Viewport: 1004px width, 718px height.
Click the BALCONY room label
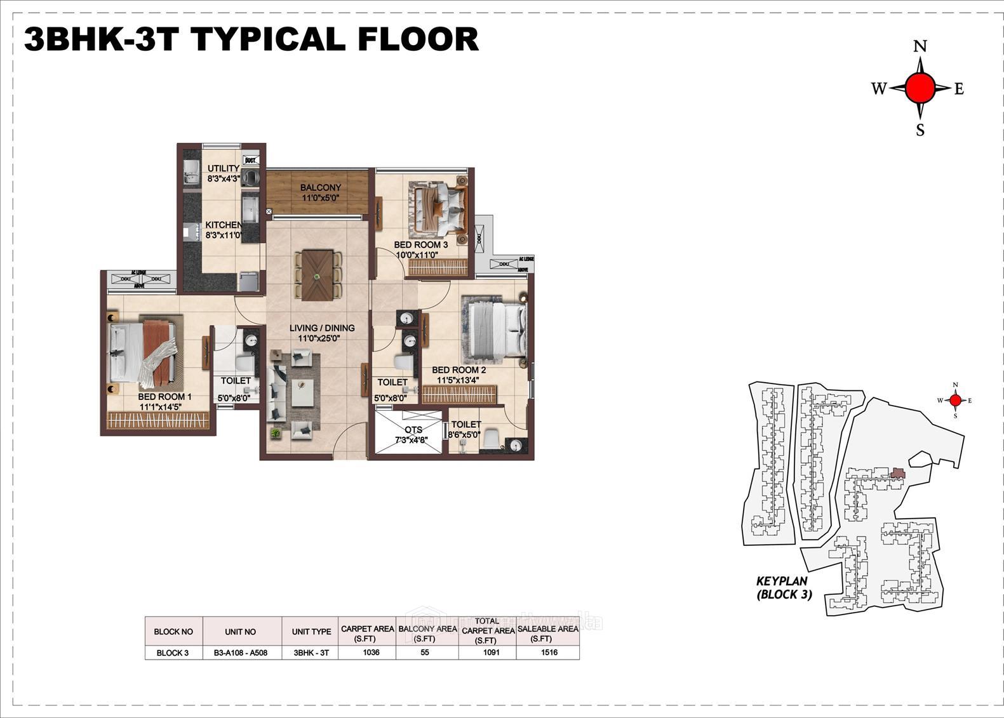pos(321,188)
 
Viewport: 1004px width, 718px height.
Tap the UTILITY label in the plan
pos(223,168)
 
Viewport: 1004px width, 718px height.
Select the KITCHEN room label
pos(224,225)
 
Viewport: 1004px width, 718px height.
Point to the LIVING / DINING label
pos(322,328)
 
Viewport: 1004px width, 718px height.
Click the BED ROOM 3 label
pos(420,244)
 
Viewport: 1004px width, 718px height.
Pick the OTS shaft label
pos(413,430)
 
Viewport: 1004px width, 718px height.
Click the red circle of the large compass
pos(920,88)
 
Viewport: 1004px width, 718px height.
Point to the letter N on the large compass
pos(920,46)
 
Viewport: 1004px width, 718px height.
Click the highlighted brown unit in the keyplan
pos(897,473)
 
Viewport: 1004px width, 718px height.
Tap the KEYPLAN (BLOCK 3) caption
pos(783,587)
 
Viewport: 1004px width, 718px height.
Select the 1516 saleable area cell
pos(549,652)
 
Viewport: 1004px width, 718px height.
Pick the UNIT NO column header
pos(240,632)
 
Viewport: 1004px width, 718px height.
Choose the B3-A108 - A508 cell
pos(240,653)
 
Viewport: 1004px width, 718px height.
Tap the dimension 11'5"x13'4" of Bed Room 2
pos(457,380)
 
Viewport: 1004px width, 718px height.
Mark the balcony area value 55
pos(425,652)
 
